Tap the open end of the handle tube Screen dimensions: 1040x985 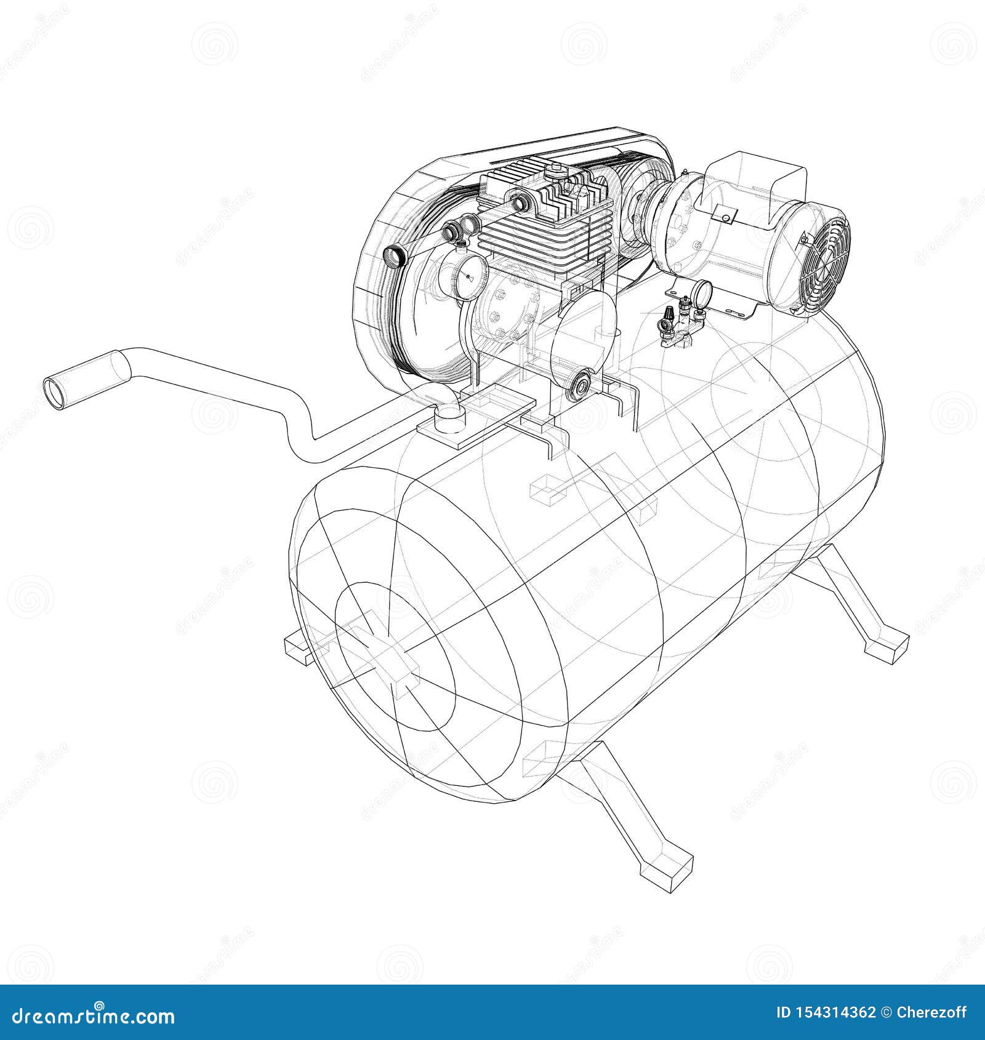click(x=54, y=393)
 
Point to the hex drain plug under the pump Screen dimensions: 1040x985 click(x=579, y=386)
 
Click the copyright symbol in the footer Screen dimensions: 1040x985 click(x=887, y=1012)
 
